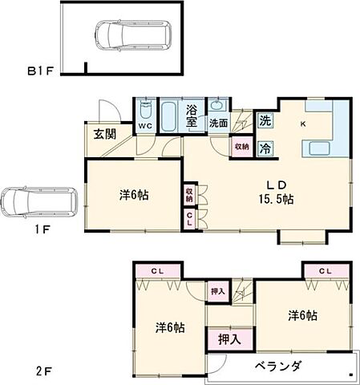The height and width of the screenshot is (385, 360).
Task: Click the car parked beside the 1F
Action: coord(37,203)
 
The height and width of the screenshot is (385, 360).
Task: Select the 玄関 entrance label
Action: coord(100,133)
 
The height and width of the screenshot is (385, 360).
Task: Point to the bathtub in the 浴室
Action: coord(170,117)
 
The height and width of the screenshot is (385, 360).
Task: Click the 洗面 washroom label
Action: coord(218,124)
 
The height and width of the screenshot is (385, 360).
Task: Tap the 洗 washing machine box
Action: coord(265,121)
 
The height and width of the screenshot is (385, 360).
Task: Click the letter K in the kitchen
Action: coord(303,124)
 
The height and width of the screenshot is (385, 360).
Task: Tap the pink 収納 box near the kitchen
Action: coord(241,148)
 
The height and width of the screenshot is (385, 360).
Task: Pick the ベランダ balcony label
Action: coord(277,367)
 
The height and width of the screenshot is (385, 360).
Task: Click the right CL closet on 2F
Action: coord(325,271)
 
